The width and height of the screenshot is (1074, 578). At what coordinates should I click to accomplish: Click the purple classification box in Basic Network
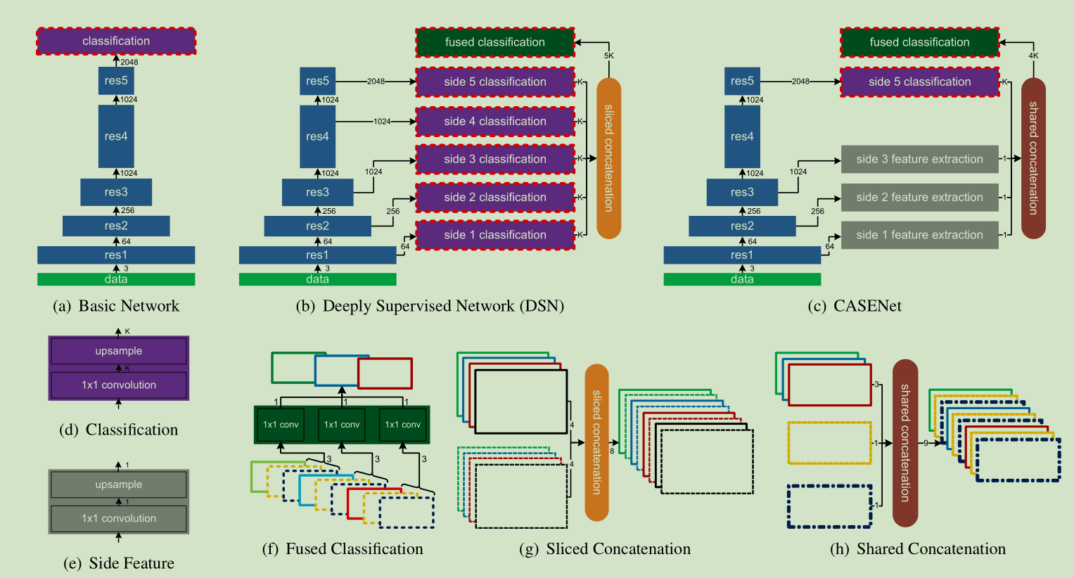116,41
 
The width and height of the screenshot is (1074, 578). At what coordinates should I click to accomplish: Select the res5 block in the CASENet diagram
742,81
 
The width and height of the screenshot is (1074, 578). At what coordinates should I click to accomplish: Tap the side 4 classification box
495,121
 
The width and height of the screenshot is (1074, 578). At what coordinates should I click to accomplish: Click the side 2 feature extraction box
919,197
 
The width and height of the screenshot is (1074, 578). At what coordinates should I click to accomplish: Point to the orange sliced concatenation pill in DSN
609,158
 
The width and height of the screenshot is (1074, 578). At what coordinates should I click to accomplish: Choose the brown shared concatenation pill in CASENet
1033,158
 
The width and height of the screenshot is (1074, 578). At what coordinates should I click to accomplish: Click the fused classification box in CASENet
919,42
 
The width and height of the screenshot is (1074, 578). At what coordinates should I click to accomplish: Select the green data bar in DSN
317,279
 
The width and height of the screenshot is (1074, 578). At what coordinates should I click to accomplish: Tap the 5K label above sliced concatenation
609,56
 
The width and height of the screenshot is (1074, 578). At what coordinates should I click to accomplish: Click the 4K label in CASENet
1033,56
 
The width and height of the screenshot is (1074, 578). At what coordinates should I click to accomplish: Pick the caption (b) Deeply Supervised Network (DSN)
430,306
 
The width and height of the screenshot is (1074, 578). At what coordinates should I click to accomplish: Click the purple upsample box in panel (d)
118,351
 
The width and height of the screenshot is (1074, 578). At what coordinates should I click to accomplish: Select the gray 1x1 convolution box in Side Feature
118,518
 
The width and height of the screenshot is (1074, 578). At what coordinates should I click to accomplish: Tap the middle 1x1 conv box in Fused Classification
341,425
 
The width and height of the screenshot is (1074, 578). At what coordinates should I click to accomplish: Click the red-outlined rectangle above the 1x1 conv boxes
385,373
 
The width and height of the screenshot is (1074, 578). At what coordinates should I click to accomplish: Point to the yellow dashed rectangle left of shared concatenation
829,422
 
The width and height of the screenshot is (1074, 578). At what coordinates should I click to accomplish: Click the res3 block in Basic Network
116,192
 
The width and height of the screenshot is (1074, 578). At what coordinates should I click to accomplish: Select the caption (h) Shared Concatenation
918,548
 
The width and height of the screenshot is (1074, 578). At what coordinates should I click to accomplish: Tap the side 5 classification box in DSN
495,82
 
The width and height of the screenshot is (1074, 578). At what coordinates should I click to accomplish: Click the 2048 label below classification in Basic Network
129,62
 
